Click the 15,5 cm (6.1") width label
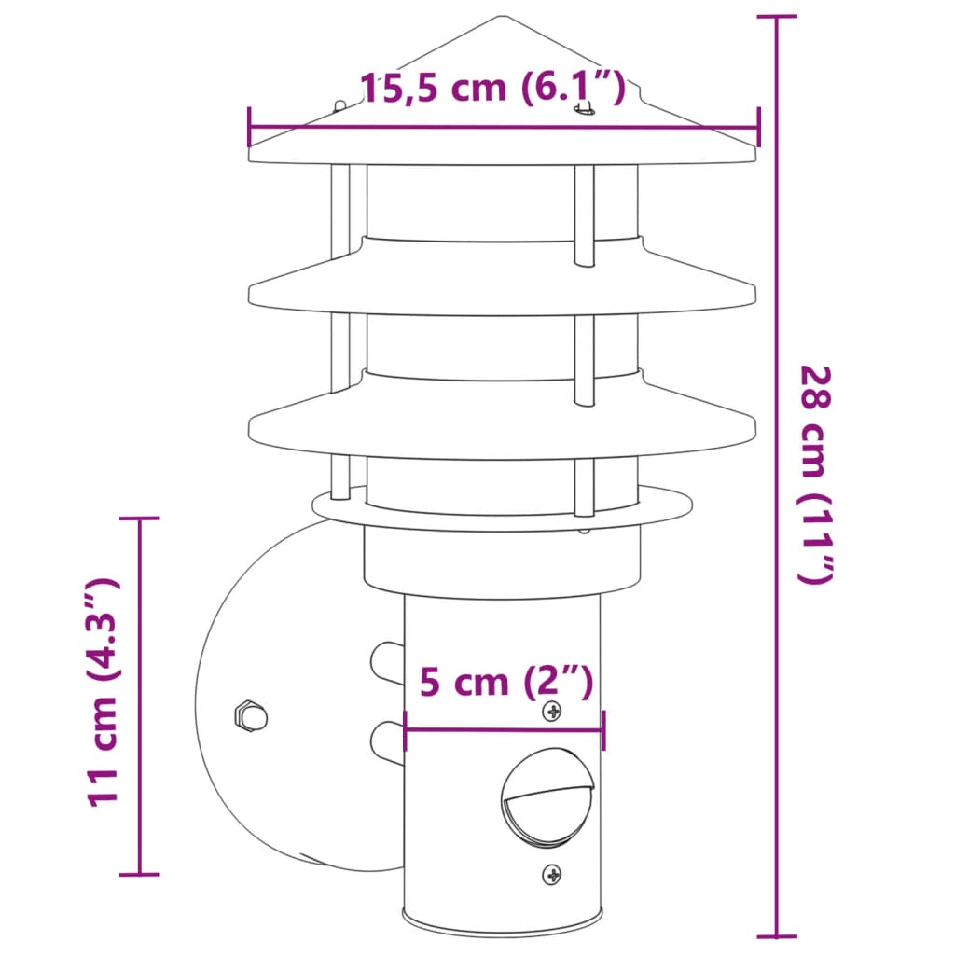(x=491, y=89)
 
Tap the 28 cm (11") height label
(x=813, y=474)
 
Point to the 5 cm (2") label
(x=505, y=682)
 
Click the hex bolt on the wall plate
(x=250, y=716)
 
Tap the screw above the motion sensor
(x=553, y=712)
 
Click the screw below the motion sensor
(x=553, y=875)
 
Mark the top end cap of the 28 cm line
(x=776, y=17)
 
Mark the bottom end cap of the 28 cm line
(x=776, y=935)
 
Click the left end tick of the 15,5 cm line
(x=249, y=128)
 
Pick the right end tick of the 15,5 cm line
(x=757, y=128)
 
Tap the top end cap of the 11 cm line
(x=140, y=518)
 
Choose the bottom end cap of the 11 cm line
(x=140, y=874)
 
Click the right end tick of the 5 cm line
(x=603, y=730)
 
